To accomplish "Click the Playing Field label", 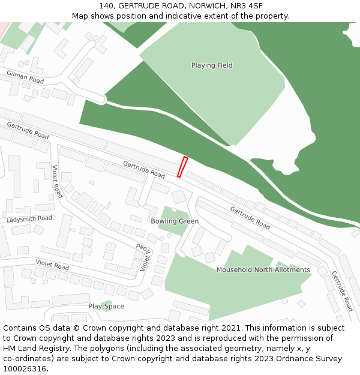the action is point(212,65).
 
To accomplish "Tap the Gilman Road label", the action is point(25,77).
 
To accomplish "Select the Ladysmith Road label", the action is point(29,219).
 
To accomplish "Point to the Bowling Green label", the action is point(175,221).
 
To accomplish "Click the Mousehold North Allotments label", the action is point(263,270).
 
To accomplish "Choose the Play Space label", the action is point(106,306).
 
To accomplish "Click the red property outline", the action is point(182,167).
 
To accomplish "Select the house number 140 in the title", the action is point(107,5).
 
